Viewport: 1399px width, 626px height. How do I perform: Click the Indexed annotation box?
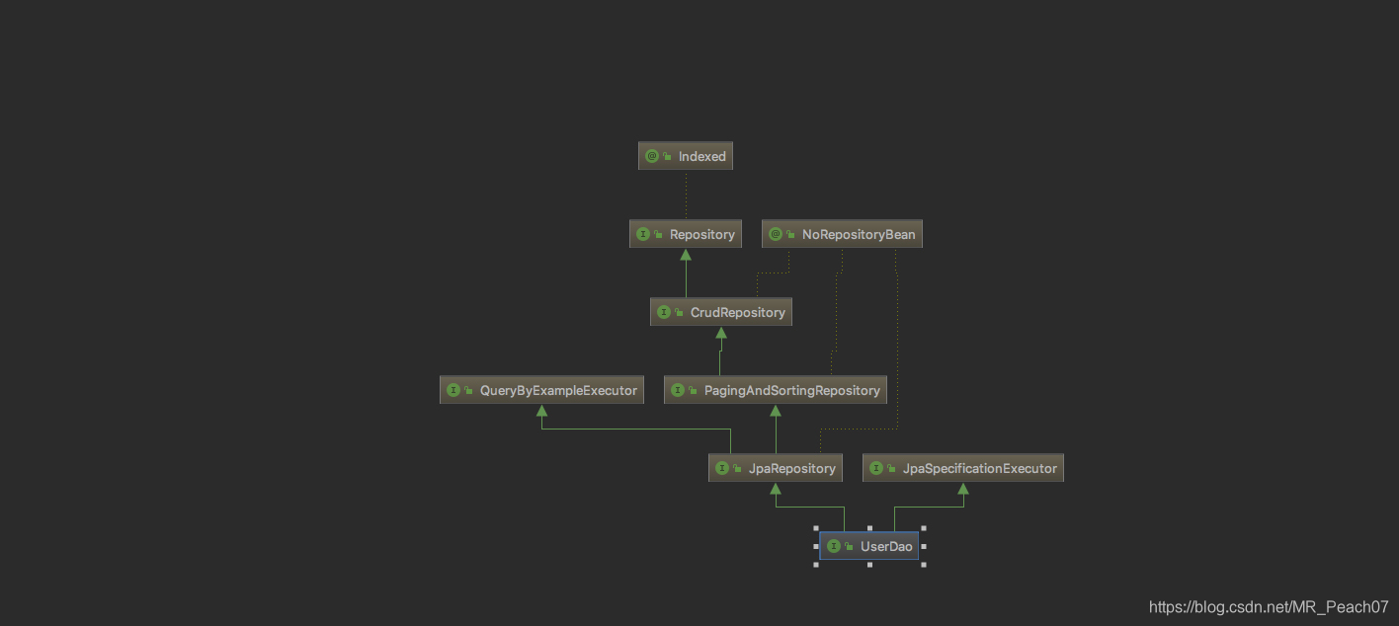686,156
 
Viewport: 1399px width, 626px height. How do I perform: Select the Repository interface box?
686,234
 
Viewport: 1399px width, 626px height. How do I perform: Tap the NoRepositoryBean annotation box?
843,234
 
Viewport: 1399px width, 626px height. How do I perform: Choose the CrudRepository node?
721,312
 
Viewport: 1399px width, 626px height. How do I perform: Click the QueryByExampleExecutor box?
541,390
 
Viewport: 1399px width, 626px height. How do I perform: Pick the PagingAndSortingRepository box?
776,390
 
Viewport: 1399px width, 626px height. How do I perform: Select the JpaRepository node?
776,468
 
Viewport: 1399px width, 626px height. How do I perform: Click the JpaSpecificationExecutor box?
963,468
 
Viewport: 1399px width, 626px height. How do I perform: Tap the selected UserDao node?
869,546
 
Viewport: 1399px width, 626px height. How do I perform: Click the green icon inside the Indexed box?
652,156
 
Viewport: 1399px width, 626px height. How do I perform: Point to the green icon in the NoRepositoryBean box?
776,234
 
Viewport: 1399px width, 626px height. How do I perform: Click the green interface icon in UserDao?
834,546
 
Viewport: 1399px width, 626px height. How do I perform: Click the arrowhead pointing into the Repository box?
686,254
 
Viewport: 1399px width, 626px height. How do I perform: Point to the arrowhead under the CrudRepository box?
721,332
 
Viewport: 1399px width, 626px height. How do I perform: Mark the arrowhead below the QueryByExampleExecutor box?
541,410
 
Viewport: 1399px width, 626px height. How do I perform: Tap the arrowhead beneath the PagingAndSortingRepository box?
776,410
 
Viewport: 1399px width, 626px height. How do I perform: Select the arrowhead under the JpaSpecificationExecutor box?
963,488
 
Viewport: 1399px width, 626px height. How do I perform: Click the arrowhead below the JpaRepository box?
776,488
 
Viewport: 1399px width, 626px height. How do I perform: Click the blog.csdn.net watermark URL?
1269,606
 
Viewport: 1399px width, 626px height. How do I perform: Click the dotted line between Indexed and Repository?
686,195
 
